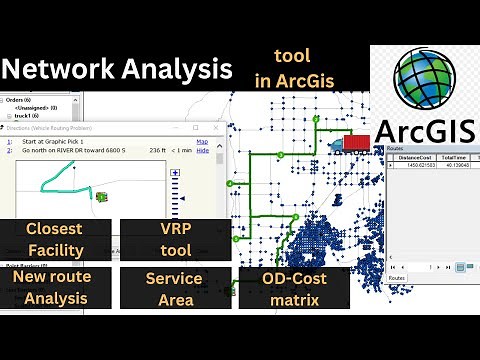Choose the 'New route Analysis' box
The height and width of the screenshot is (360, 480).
56,288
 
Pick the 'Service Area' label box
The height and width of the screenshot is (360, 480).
174,288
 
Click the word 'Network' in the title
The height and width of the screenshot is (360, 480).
59,69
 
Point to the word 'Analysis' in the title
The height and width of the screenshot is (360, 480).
179,69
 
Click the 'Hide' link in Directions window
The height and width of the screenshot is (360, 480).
202,151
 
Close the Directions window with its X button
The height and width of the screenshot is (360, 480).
217,128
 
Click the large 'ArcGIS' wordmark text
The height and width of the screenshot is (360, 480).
427,133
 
